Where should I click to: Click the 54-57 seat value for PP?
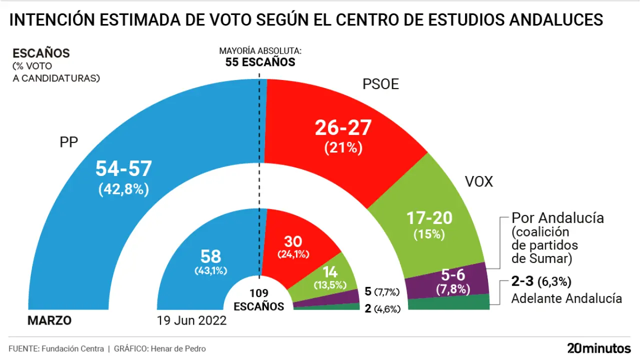(123, 169)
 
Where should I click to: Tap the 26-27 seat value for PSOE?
(343, 128)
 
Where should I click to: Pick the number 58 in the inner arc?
(210, 256)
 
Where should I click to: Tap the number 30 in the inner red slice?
(293, 241)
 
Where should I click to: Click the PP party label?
(69, 142)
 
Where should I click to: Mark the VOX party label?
(478, 181)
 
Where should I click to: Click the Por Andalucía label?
(557, 218)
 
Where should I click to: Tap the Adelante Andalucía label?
(566, 298)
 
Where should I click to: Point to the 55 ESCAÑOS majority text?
(260, 62)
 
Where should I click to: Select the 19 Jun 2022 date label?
(191, 320)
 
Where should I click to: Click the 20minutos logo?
(599, 348)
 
